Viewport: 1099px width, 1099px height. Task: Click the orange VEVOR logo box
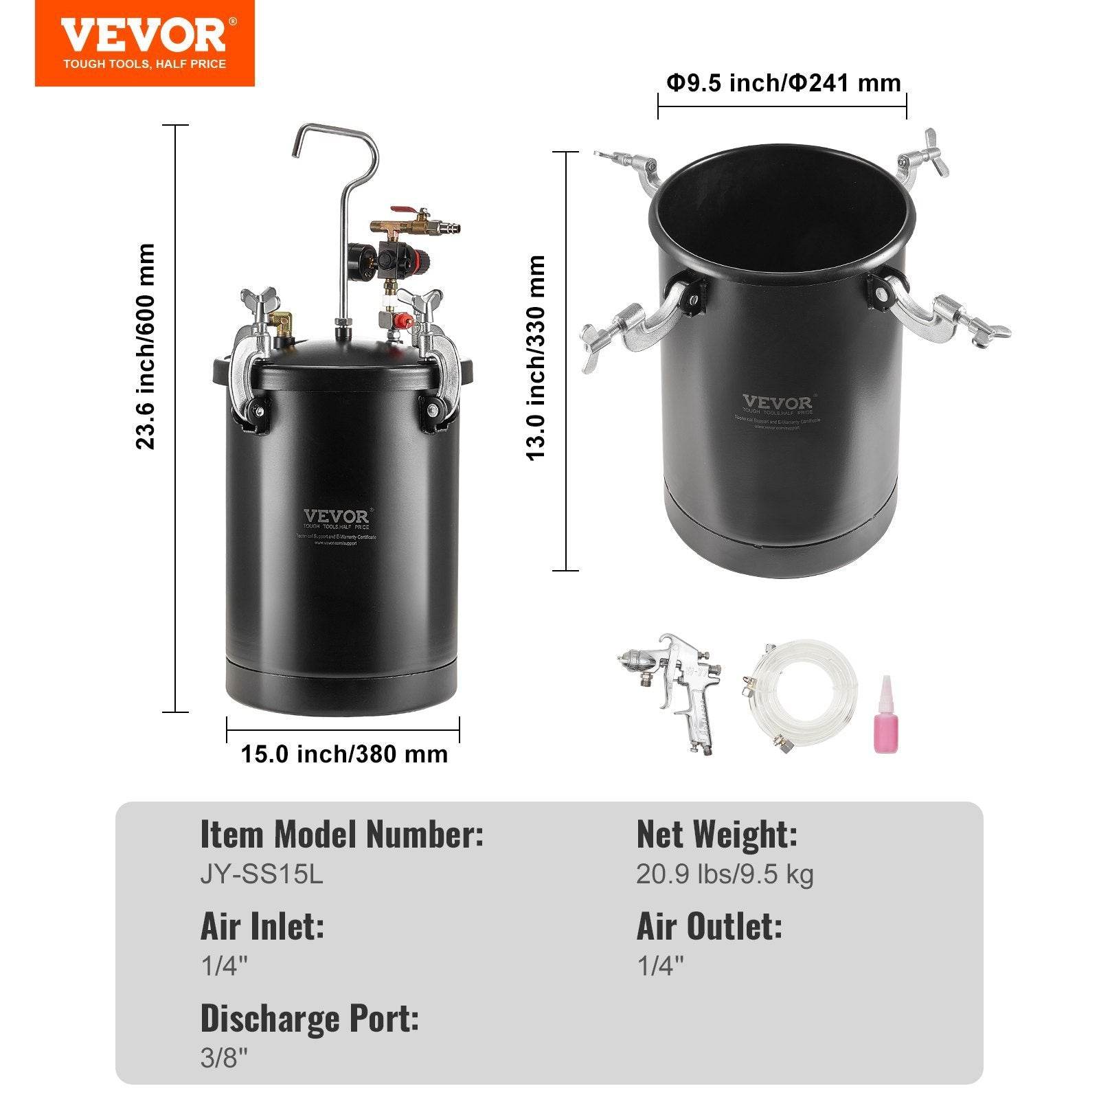144,43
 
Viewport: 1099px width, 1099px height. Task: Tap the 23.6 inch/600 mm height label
146,347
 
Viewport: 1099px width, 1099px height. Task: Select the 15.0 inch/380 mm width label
344,754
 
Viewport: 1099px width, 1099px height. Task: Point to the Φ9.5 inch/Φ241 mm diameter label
783,83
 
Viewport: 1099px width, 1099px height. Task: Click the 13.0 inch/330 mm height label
536,358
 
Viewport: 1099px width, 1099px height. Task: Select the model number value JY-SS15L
262,874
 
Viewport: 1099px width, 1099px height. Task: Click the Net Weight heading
717,835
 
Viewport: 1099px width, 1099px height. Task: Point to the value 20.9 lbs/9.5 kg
725,874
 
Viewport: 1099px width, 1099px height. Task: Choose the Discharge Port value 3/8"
223,1058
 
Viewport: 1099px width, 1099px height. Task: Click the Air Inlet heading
262,927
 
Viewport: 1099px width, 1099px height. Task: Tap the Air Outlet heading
710,927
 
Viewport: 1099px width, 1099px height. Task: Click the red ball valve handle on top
400,209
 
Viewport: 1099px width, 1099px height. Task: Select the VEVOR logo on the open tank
777,403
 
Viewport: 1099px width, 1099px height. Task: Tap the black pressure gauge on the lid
359,260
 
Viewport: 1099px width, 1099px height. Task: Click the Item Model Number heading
342,835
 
